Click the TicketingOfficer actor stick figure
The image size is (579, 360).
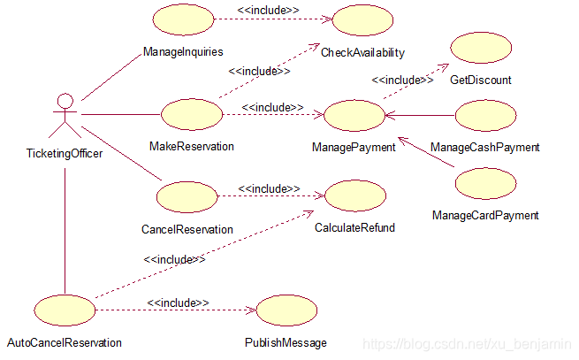63,115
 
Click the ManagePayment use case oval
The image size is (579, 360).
354,115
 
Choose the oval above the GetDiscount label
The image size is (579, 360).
481,49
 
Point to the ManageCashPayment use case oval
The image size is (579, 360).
484,115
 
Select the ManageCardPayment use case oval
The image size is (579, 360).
485,183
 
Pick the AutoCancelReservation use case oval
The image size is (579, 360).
65,310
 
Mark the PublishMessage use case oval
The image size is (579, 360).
286,310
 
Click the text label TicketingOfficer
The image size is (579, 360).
64,154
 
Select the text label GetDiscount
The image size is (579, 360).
481,80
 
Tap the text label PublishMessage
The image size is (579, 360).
286,342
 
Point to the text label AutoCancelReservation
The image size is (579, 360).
65,342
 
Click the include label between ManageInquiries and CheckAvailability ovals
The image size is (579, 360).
268,11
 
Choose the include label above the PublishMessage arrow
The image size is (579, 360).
178,303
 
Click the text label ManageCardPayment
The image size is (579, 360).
485,215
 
